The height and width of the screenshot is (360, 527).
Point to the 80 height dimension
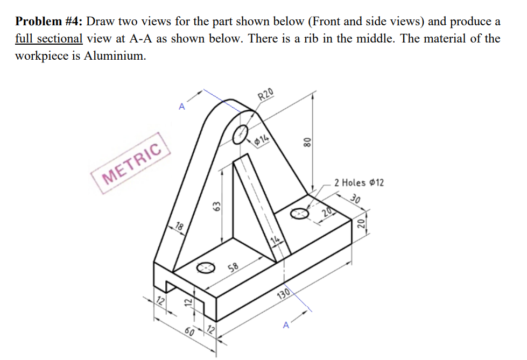click(307, 142)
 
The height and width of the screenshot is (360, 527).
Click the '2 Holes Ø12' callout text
click(359, 183)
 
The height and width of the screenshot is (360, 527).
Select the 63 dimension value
click(217, 206)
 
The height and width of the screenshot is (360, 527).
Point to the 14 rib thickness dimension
click(275, 240)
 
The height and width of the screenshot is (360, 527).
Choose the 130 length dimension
click(284, 294)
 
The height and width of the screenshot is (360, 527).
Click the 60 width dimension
click(188, 329)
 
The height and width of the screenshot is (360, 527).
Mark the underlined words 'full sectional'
click(48, 39)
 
